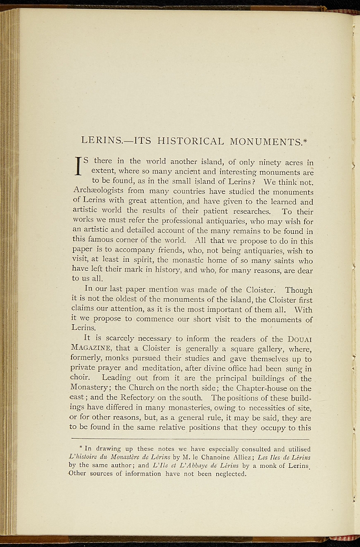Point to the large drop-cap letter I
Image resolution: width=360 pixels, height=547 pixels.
coord(77,166)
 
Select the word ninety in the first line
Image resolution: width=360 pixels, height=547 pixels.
coord(265,161)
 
